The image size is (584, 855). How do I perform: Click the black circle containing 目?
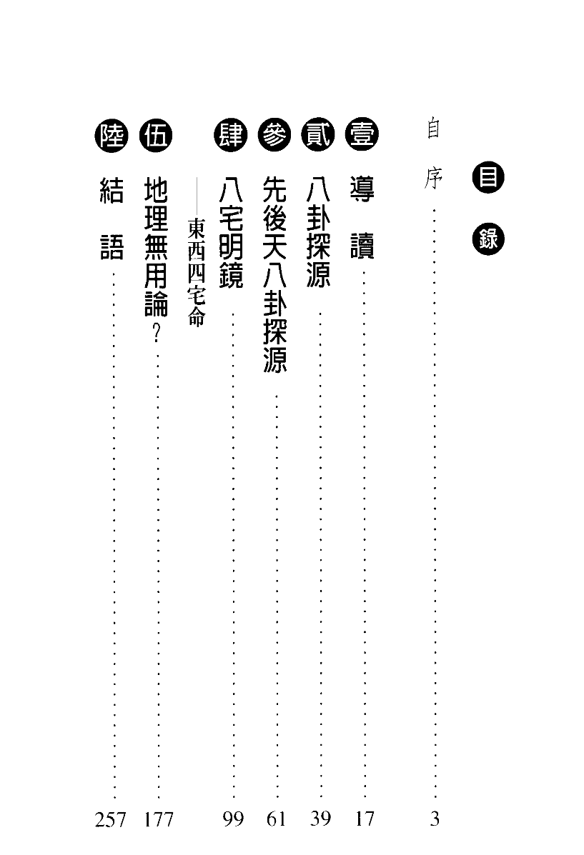coord(488,177)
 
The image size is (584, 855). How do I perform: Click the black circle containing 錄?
coord(488,239)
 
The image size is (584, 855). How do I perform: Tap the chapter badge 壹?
coord(362,135)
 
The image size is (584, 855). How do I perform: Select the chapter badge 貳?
coord(318,135)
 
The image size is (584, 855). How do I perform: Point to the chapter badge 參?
coord(274,135)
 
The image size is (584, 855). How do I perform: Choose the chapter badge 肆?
coord(231,135)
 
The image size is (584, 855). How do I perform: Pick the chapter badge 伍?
coord(156,135)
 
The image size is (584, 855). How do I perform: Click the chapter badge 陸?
coord(112,135)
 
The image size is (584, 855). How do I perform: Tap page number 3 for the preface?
coord(435,819)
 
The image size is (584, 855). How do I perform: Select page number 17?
coord(365,819)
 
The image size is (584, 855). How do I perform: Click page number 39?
coord(320,819)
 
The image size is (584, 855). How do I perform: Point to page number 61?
coord(276,819)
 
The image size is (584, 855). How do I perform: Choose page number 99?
coord(233,819)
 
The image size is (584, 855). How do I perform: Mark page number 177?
coord(158,819)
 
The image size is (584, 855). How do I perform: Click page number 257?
coord(110,819)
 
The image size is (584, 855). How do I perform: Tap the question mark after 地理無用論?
coord(157,332)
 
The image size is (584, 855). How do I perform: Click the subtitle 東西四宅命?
coord(197,273)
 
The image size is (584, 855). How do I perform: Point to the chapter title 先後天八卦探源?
coord(274,275)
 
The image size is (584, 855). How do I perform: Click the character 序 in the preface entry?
coord(433,178)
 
